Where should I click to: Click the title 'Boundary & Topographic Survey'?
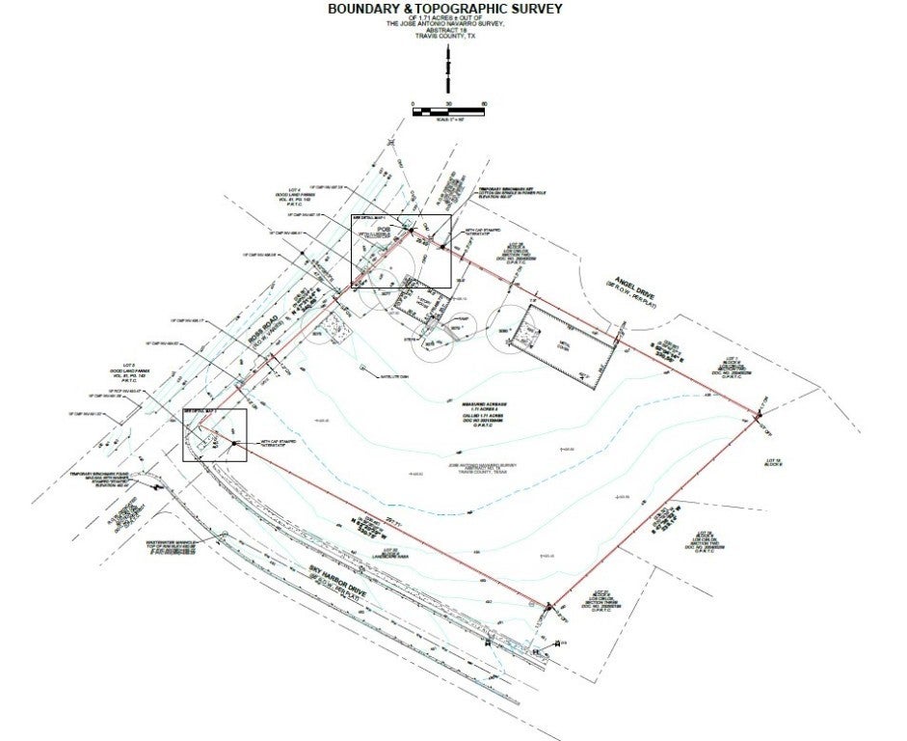pyautogui.click(x=445, y=9)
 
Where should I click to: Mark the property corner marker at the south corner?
pyautogui.click(x=547, y=606)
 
